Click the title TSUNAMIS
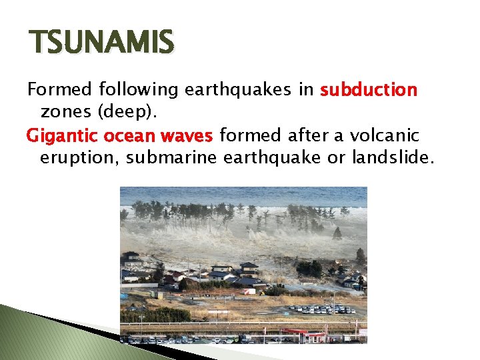point(101,43)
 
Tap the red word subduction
point(369,89)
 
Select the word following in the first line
point(136,89)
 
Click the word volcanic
point(390,136)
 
